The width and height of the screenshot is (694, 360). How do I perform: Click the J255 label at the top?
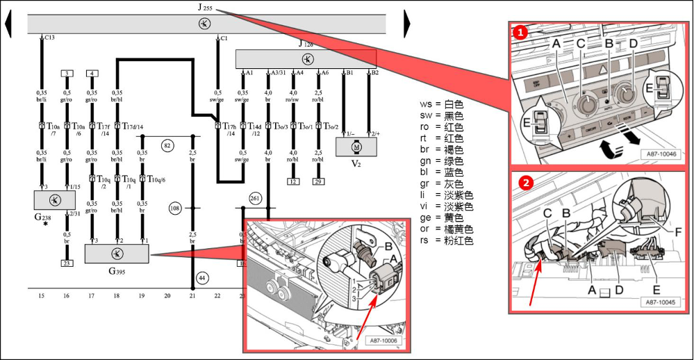(x=204, y=8)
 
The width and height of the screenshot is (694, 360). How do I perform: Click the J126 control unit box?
(x=306, y=58)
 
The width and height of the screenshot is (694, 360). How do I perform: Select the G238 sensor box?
(x=54, y=200)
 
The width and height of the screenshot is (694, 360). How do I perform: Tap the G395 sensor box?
(x=117, y=254)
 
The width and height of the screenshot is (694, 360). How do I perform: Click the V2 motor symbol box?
(x=357, y=147)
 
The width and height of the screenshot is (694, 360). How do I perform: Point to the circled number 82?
(x=167, y=146)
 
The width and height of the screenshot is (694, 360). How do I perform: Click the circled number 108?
(x=175, y=207)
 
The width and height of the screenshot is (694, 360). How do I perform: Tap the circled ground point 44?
(x=201, y=278)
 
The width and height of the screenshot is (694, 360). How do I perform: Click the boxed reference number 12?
(x=294, y=181)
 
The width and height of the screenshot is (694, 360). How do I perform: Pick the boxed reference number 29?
(x=319, y=181)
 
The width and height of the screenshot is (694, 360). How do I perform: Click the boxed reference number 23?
(x=67, y=263)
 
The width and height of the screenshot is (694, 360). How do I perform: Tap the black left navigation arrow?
(x=8, y=25)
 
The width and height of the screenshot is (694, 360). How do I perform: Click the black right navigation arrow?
(x=407, y=25)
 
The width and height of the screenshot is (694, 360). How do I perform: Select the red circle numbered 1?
(x=520, y=31)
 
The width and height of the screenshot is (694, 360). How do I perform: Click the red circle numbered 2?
(x=527, y=183)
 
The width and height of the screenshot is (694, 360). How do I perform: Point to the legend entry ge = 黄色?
(x=446, y=217)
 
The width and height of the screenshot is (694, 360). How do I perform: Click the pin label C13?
(x=49, y=38)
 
